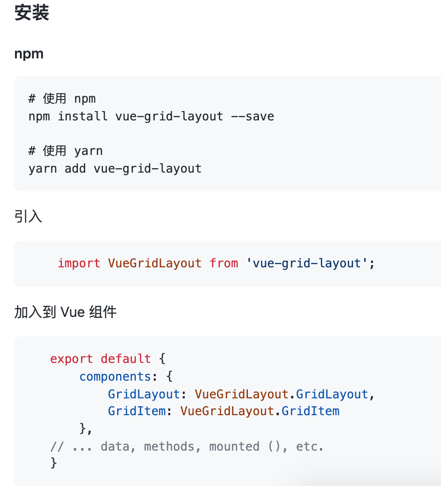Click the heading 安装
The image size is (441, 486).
pos(31,13)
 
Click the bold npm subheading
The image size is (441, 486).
pos(29,54)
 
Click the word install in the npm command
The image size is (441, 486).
pos(83,116)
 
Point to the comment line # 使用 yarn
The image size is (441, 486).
pos(65,151)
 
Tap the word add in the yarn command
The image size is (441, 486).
pos(75,169)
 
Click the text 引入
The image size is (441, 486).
pos(28,217)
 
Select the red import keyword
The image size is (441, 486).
pos(79,263)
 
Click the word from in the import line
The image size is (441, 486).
pos(224,263)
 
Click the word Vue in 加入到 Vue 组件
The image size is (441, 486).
pos(72,312)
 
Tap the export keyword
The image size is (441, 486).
pos(72,359)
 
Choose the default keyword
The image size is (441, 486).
pos(126,359)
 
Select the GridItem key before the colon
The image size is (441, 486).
pos(137,411)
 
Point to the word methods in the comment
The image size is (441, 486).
pos(169,446)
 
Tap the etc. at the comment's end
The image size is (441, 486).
pos(310,446)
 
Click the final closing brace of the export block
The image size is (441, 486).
pos(54,463)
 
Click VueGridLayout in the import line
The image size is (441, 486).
pos(155,263)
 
